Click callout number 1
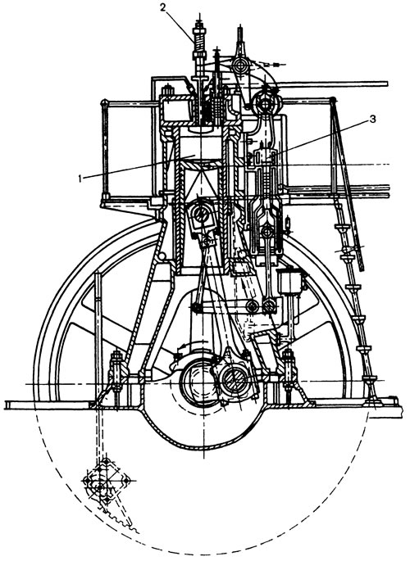81,179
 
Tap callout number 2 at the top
164,8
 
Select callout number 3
372,119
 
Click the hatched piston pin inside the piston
201,214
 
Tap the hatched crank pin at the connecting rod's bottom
234,379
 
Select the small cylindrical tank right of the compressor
291,281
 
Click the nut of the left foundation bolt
117,356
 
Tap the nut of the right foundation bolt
289,356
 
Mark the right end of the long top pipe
387,84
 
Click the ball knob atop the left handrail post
104,102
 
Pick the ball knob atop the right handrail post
334,99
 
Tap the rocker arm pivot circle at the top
239,66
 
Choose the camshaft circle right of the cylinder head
266,102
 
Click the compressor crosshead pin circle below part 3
267,232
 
